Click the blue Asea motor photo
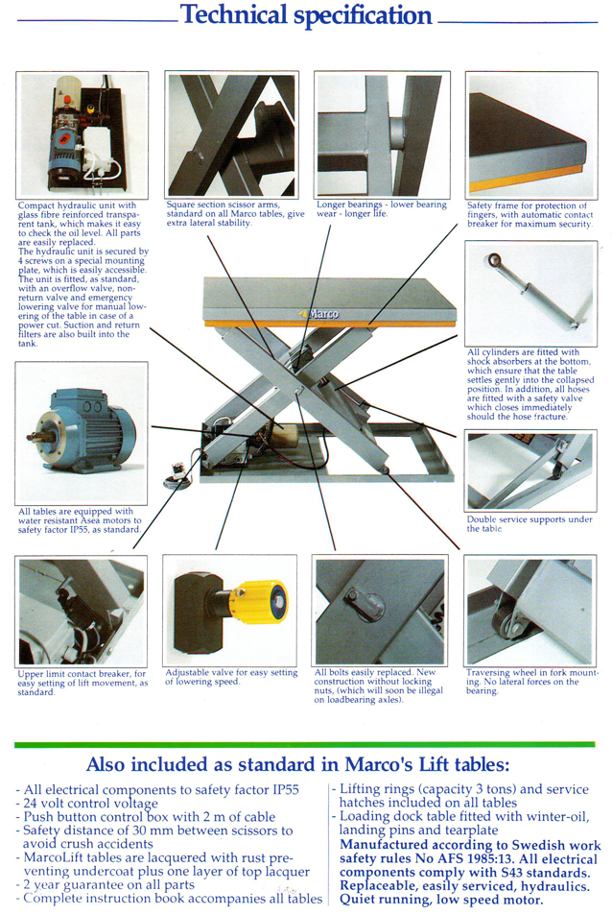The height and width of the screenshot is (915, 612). coord(82,431)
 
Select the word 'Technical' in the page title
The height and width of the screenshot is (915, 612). coord(234,14)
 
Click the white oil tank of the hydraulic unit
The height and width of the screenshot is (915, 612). coord(100,150)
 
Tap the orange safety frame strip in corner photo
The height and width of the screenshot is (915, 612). coord(526,178)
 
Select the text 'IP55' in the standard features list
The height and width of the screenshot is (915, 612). coord(286,790)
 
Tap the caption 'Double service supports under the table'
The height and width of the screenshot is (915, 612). coord(530,524)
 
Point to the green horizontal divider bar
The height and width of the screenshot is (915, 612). coord(305,745)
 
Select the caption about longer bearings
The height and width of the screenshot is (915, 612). coord(381,209)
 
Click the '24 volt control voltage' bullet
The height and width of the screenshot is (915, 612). coord(87,804)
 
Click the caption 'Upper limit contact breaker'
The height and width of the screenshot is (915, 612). coord(82,683)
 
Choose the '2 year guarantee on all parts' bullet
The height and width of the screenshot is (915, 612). coord(105,884)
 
